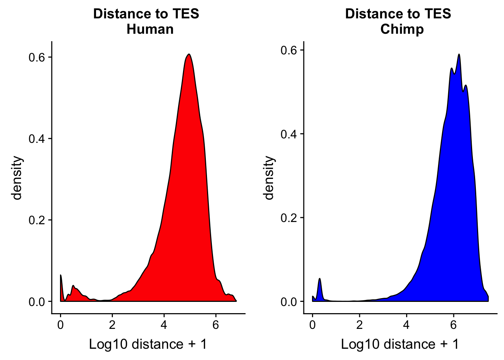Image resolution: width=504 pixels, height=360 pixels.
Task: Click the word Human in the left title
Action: tap(150, 29)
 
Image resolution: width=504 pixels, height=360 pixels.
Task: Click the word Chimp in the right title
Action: tap(402, 29)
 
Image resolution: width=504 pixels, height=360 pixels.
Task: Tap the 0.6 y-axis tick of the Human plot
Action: tap(37, 57)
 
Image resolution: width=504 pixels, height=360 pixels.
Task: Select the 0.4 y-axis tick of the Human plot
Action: tap(37, 139)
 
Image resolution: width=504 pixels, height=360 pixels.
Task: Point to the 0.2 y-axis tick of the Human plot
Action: tap(37, 220)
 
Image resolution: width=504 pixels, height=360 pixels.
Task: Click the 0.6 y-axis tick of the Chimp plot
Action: tap(289, 50)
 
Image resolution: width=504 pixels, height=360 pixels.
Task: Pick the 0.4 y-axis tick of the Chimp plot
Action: tap(289, 134)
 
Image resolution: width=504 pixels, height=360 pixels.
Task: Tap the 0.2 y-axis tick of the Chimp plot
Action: tap(289, 218)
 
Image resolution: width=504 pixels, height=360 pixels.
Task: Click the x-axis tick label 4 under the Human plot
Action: tap(164, 325)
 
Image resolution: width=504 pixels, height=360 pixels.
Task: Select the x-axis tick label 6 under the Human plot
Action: tap(216, 325)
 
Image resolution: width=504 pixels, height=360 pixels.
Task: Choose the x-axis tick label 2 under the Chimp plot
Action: tap(360, 325)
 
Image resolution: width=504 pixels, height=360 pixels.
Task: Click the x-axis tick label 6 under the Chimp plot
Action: tap(453, 325)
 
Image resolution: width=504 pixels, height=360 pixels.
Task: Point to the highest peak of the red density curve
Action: tap(189, 54)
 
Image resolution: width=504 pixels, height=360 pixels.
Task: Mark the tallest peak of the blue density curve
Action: tap(459, 54)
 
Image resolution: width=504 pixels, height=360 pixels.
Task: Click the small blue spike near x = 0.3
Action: tap(319, 279)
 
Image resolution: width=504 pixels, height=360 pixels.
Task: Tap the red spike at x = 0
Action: tap(61, 276)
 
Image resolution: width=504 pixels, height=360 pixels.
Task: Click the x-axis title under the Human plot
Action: tap(148, 344)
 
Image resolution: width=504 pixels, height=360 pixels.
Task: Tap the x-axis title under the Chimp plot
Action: tap(400, 344)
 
